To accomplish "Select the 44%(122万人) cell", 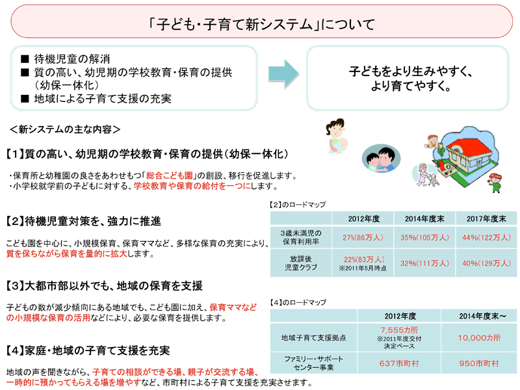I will [484, 237].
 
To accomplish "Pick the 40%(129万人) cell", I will [484, 263].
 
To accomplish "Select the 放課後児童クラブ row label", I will [301, 263].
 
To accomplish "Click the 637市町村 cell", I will [397, 363].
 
